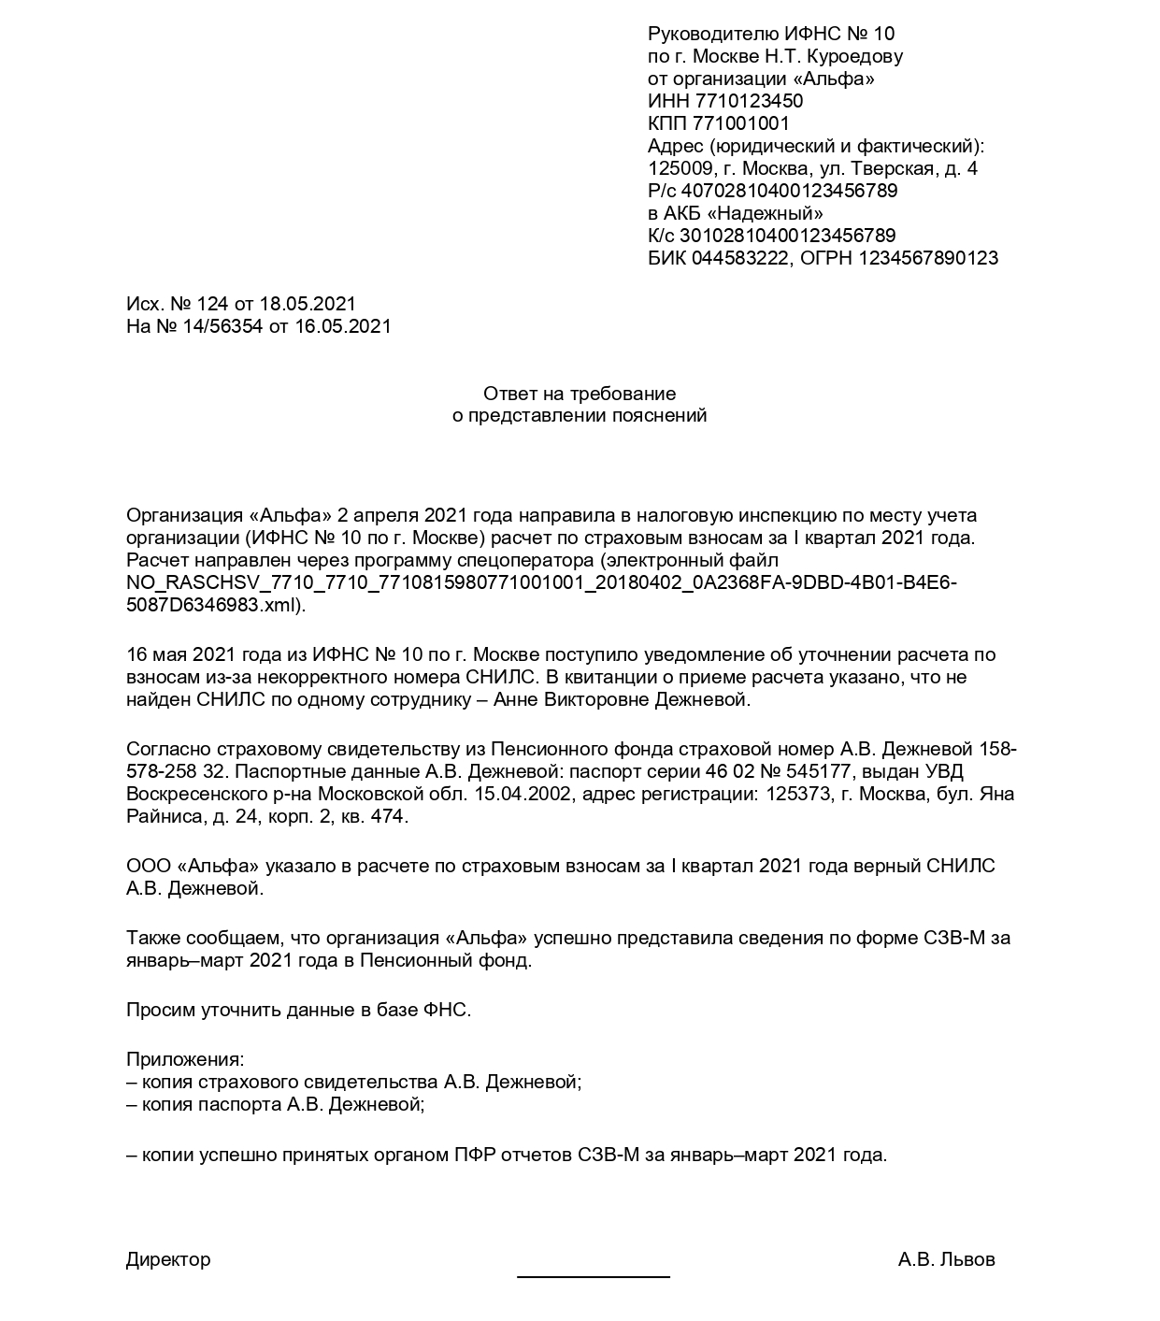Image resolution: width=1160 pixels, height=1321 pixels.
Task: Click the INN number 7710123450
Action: pos(749,101)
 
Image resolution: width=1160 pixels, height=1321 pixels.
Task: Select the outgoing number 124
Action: pos(213,304)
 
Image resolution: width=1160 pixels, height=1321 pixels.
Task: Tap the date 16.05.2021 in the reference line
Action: pos(343,326)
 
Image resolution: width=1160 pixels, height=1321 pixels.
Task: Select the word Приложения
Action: pos(185,1060)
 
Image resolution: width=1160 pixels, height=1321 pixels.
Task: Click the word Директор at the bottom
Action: pos(168,1259)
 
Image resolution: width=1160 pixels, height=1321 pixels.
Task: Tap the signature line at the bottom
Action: pos(594,1276)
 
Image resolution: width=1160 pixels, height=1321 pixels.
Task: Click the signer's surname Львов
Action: pos(968,1259)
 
